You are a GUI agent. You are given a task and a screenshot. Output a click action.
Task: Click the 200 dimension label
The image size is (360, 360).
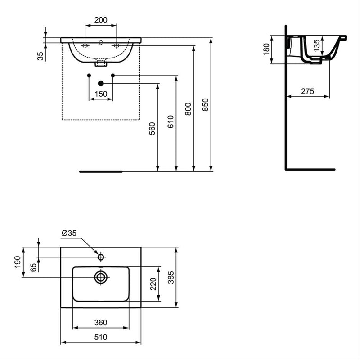tap(101, 20)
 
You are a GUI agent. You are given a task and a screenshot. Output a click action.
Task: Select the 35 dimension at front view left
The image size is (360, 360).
tap(40, 56)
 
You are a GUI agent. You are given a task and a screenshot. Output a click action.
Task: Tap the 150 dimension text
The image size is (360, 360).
tap(101, 94)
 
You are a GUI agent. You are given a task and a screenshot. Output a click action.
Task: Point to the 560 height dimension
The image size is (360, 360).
tap(152, 129)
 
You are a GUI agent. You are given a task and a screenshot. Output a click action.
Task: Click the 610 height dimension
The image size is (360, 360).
tap(170, 121)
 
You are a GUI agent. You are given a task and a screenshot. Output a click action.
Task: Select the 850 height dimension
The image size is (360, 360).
tap(206, 104)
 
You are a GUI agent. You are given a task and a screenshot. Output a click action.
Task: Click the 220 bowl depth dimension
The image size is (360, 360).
tap(153, 283)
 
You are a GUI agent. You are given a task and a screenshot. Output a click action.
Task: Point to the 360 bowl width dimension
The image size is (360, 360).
tap(101, 322)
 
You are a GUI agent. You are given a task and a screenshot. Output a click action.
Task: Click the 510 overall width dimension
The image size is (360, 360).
tap(101, 337)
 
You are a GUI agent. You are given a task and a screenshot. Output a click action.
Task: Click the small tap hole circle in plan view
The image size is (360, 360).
tap(101, 257)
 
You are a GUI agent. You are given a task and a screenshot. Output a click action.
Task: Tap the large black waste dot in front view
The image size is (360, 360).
tap(101, 83)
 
